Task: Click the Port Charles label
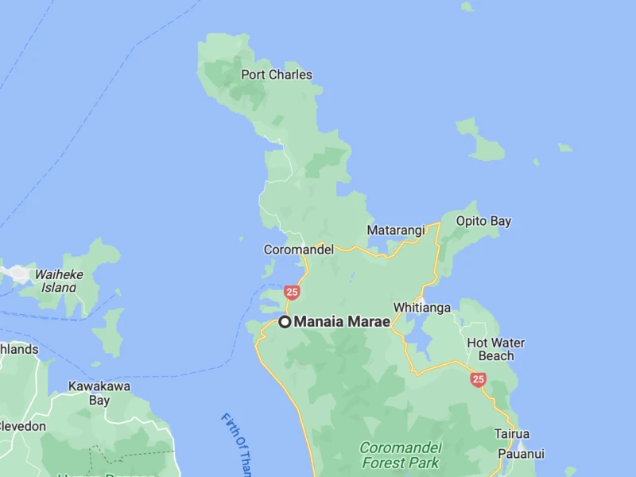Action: tap(276, 75)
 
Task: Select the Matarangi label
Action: tap(396, 231)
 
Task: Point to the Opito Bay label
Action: tap(483, 221)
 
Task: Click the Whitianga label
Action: tap(422, 308)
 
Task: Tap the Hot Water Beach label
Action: tap(495, 350)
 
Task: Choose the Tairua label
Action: tap(512, 434)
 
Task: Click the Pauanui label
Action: tap(521, 454)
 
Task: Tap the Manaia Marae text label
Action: tap(342, 322)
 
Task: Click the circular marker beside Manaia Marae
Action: tap(285, 322)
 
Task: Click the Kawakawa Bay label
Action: tap(99, 394)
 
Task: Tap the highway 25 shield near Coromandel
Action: tap(293, 293)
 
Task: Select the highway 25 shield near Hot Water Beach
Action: tap(478, 380)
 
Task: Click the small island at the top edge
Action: tap(467, 6)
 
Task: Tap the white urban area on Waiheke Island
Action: tap(16, 273)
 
